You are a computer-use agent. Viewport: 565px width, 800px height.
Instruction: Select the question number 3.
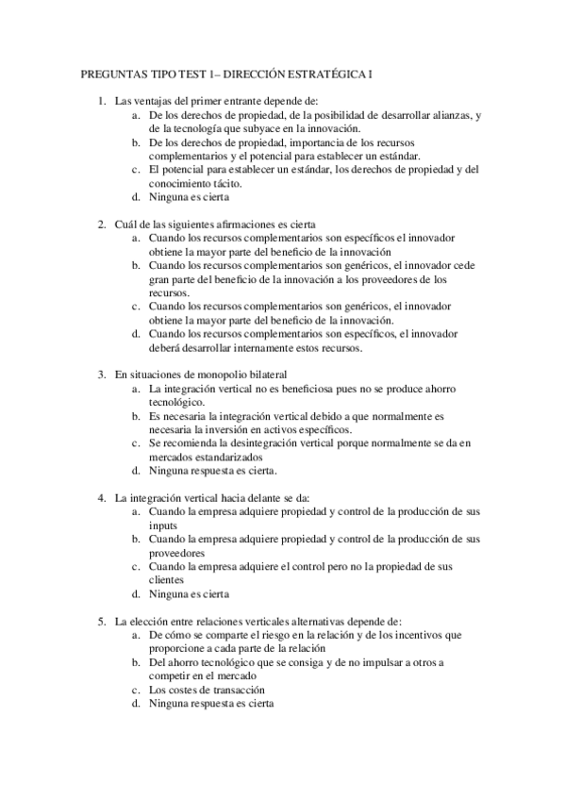coord(102,375)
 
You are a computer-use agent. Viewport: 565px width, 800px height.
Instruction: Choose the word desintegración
coord(260,442)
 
